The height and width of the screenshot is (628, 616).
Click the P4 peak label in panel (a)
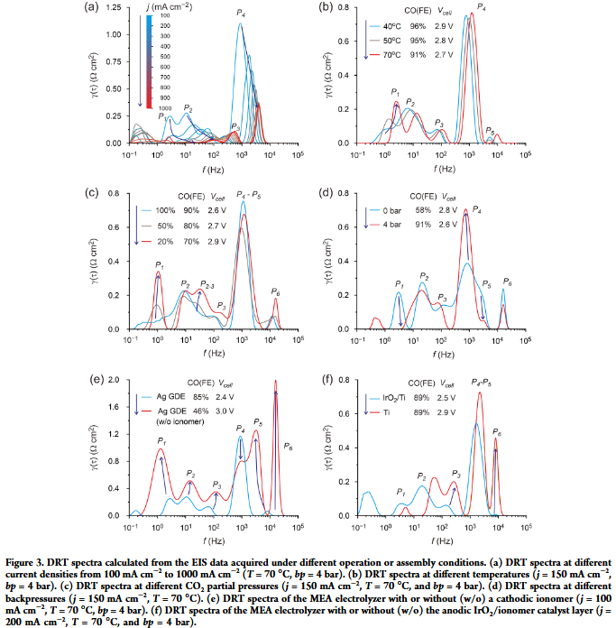(x=241, y=13)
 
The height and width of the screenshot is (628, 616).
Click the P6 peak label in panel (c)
(x=275, y=291)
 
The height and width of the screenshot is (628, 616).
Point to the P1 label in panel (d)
(x=400, y=284)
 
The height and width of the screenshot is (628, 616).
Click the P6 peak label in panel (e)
(x=288, y=447)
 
